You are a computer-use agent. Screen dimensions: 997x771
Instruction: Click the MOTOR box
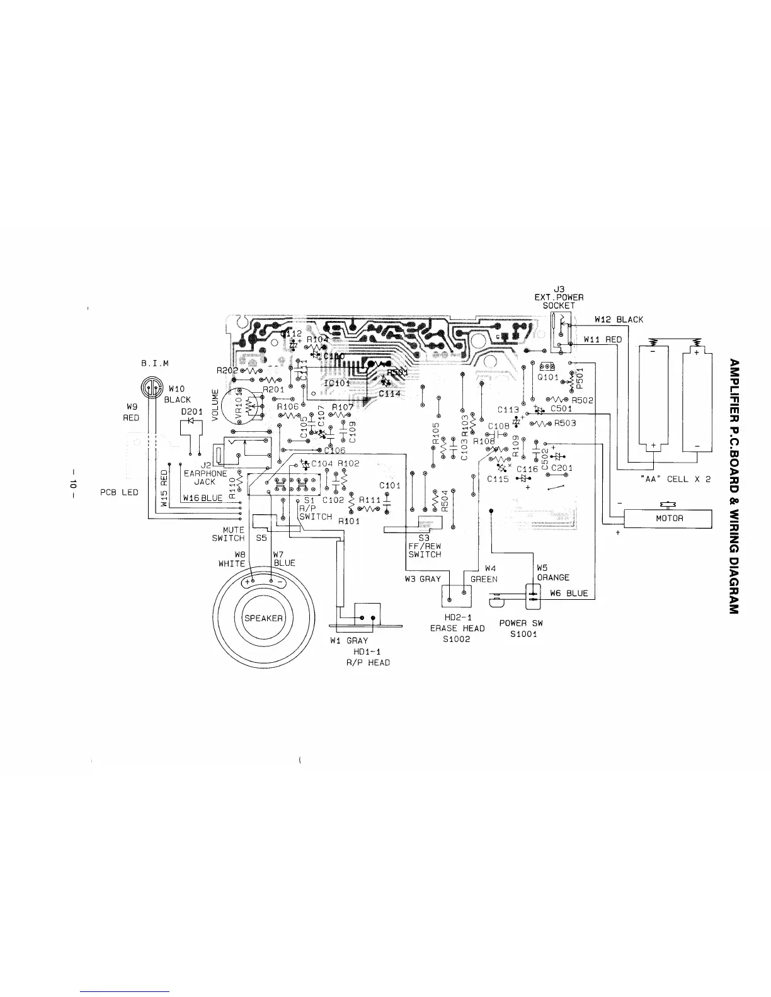tap(667, 519)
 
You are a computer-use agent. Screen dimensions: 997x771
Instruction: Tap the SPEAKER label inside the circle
tap(263, 617)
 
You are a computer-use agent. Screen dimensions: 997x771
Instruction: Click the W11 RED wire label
tap(603, 340)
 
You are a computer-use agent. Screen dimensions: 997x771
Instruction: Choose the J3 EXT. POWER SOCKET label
tap(559, 297)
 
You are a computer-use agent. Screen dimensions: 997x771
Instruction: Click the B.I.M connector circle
tap(149, 388)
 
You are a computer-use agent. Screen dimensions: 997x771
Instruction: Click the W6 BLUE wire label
tap(568, 593)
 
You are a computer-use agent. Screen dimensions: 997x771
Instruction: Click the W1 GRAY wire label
tap(349, 641)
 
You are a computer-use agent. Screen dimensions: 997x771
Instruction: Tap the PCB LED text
tap(119, 492)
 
